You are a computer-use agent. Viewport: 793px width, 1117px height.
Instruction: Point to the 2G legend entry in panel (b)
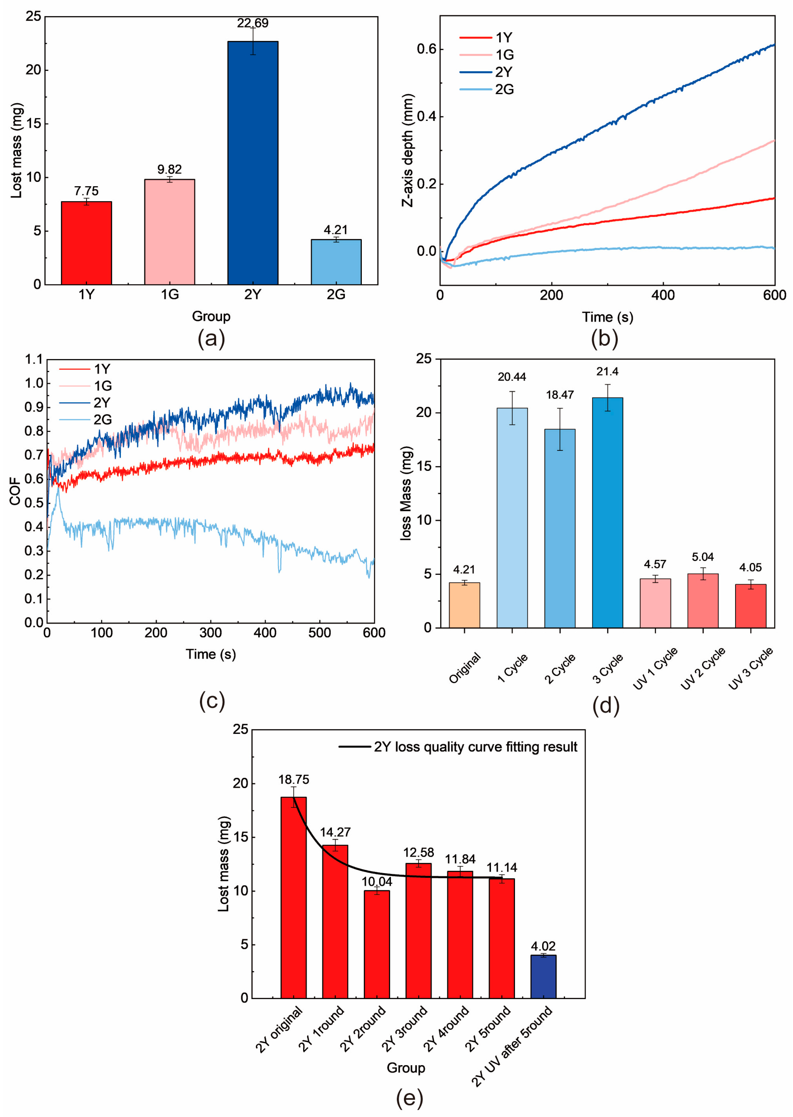tap(504, 89)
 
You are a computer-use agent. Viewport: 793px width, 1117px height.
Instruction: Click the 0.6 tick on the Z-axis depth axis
tap(426, 49)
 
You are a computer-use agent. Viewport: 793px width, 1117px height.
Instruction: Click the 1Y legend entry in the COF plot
tap(102, 369)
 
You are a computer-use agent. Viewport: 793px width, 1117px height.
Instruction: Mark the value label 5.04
tap(702, 557)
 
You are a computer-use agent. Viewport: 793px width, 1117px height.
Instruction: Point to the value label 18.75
tap(294, 780)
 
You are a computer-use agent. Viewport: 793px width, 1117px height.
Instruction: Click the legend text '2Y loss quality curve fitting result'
tap(475, 747)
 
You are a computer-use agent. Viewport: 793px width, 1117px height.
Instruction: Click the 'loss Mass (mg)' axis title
tap(406, 493)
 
